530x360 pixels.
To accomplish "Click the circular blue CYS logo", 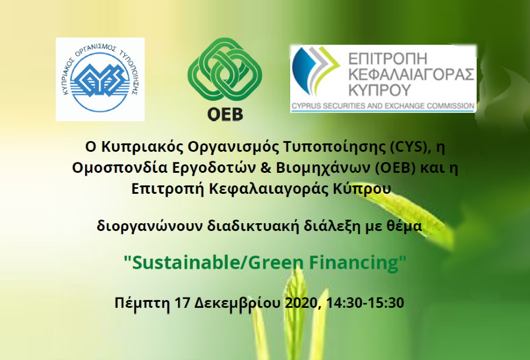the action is pos(100,80).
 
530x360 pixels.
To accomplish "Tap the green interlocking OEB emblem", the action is pos(225,70).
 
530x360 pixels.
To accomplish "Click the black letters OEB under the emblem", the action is pos(225,114).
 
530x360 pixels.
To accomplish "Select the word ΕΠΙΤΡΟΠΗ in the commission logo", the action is pos(388,59).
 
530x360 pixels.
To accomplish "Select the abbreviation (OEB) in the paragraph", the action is pos(395,168).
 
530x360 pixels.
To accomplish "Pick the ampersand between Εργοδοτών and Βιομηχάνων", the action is pos(266,168).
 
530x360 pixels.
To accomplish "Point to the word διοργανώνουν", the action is pos(150,226).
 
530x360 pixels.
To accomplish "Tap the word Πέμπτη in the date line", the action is pos(142,303).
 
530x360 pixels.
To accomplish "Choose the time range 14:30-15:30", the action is pos(365,302).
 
